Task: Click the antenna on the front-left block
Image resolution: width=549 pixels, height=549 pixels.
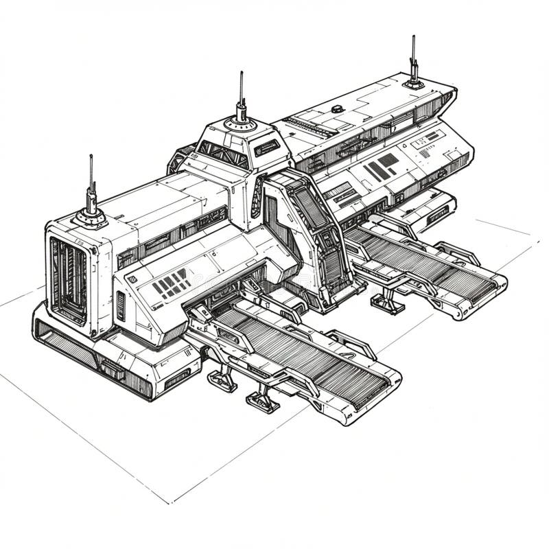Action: (91, 196)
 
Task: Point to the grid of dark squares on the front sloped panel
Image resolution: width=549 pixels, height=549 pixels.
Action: (171, 283)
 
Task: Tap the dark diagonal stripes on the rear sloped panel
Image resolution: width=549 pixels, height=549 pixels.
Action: (382, 167)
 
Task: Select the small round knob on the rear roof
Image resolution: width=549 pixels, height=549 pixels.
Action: (337, 108)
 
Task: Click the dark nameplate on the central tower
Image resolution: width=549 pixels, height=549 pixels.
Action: (266, 148)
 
